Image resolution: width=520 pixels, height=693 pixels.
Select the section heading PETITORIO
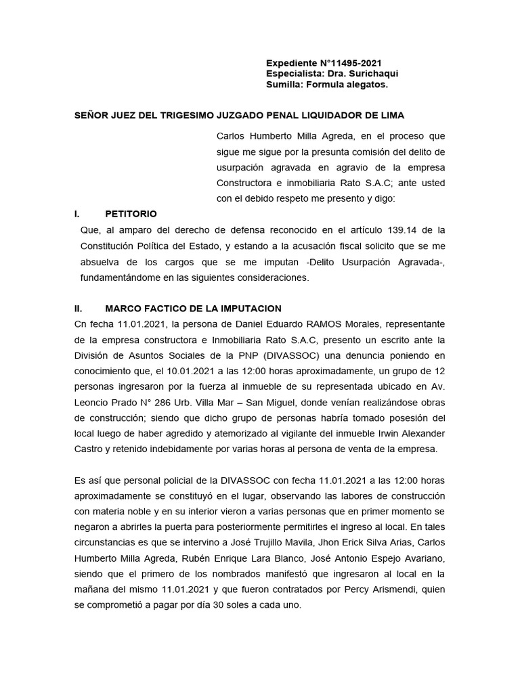tap(131, 213)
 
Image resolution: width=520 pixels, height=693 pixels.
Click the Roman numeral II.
tap(79, 308)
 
